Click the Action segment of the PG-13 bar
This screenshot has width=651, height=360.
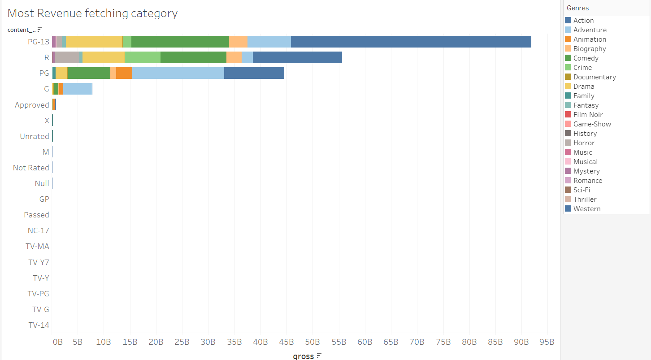411,42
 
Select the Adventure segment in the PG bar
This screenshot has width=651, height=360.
178,73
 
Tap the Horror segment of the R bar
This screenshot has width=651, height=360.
67,57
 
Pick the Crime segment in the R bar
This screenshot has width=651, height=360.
143,57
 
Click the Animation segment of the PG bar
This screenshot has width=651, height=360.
124,73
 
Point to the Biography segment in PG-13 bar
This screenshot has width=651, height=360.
238,42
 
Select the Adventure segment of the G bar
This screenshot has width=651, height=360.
78,89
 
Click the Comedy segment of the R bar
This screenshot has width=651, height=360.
193,57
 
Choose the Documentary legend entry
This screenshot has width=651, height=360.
594,77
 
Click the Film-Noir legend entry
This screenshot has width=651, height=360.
588,115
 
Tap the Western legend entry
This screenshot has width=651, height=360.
586,209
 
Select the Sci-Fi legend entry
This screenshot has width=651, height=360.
582,190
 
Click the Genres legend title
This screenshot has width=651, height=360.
577,8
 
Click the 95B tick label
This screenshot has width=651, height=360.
547,342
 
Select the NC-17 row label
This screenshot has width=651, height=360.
39,230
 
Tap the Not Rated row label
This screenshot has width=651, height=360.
31,168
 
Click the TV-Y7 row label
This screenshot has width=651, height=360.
39,262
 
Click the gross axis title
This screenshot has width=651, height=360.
303,356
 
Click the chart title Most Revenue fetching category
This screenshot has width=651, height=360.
92,13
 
